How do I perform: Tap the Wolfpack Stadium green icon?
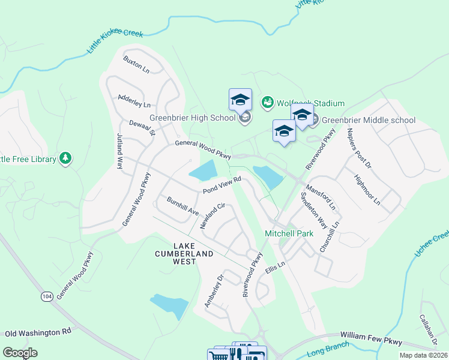click(x=267, y=103)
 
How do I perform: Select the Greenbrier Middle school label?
click(x=369, y=120)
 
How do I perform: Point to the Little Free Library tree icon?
click(x=65, y=158)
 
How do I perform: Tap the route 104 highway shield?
click(x=47, y=296)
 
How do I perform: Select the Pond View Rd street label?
click(x=221, y=184)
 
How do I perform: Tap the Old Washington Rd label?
click(x=38, y=332)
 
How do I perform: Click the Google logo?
click(x=20, y=352)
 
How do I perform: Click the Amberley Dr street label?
click(x=214, y=291)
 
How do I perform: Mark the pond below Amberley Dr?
click(x=169, y=306)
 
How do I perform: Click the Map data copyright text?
click(x=422, y=355)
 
